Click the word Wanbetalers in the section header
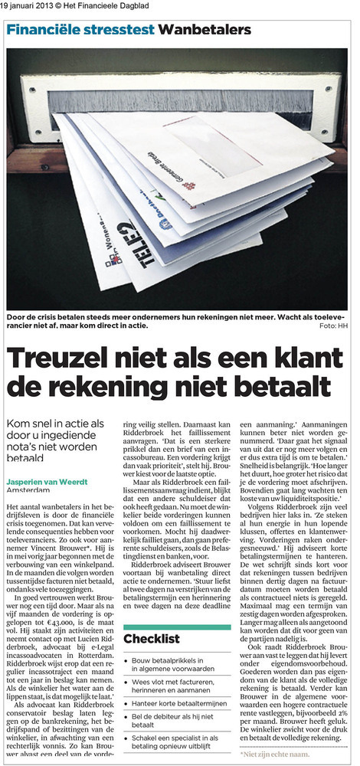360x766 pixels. (205, 29)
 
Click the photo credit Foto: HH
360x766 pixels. (335, 327)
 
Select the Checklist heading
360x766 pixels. (152, 638)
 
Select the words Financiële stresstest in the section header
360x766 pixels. (81, 29)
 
